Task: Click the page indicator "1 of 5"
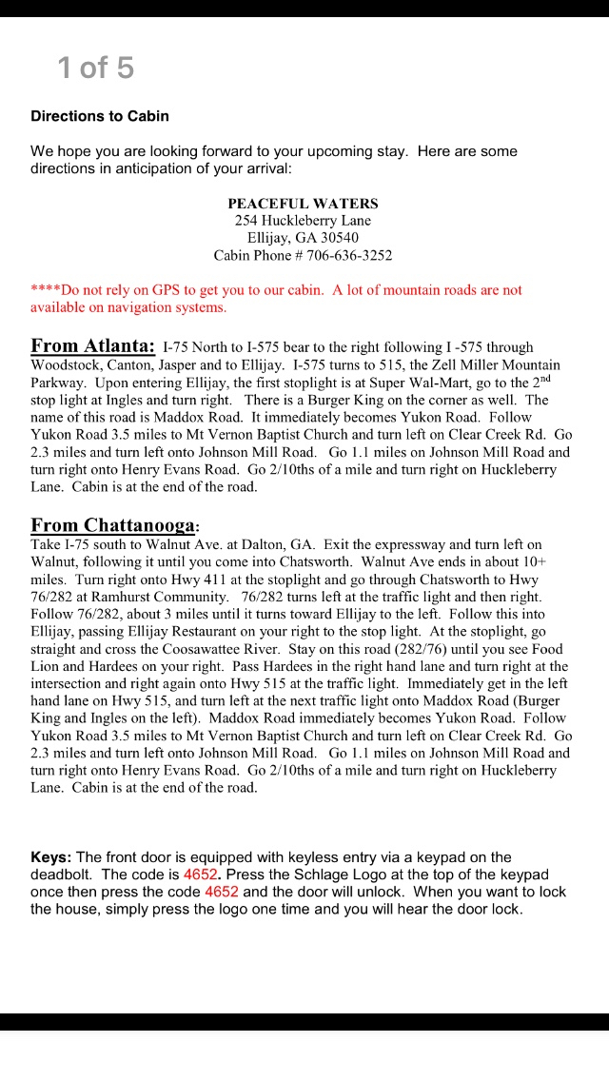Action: coord(95,68)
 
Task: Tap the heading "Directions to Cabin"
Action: coord(100,116)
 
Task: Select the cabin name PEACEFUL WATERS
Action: coord(303,204)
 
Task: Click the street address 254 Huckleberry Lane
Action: coord(303,221)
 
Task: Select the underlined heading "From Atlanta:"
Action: coord(92,345)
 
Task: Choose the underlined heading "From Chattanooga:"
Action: coord(115,525)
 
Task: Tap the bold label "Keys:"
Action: coord(51,857)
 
